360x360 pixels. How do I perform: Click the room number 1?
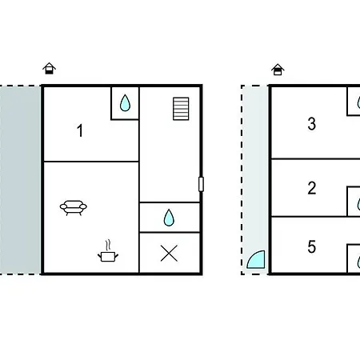click(80, 130)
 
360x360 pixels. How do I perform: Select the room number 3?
click(312, 124)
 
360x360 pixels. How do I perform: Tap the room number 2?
click(312, 188)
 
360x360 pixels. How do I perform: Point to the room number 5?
click(312, 247)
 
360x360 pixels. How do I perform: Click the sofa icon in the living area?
click(74, 208)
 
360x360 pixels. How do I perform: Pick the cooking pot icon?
click(108, 257)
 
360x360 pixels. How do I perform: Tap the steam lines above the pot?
click(108, 246)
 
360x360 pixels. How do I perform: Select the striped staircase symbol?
click(181, 109)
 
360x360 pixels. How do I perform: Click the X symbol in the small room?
click(169, 254)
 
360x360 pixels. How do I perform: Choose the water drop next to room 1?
click(125, 103)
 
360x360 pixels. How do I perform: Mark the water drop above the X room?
click(169, 218)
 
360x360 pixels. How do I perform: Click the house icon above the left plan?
click(50, 68)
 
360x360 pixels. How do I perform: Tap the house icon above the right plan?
click(278, 70)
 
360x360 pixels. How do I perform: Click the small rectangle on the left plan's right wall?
click(202, 184)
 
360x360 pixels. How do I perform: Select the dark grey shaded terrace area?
click(20, 180)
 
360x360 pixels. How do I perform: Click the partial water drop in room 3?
click(358, 102)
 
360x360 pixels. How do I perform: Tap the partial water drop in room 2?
click(358, 204)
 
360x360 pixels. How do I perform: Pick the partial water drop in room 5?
click(358, 262)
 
